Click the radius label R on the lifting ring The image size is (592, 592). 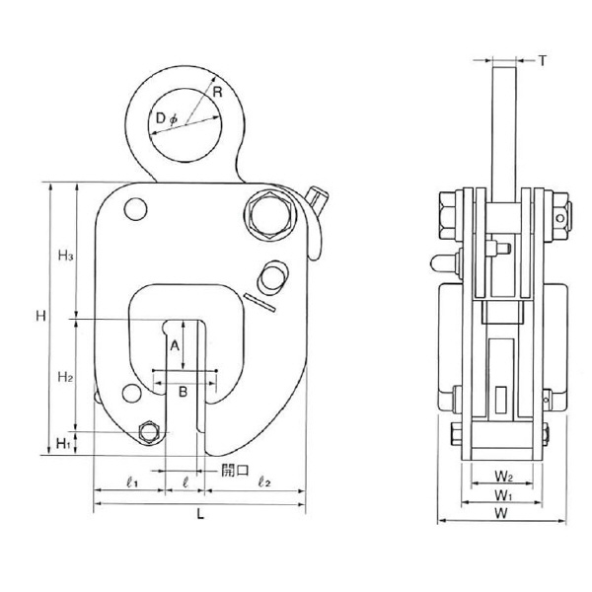coord(216,93)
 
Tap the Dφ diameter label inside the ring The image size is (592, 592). coord(165,120)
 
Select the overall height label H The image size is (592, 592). coord(40,317)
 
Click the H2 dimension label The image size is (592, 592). coord(64,377)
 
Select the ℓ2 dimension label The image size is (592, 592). coord(263,481)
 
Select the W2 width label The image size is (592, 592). coord(503,475)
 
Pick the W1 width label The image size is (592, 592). coord(503,493)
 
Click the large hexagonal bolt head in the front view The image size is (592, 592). coord(269,214)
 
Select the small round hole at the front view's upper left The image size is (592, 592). coord(133,209)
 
